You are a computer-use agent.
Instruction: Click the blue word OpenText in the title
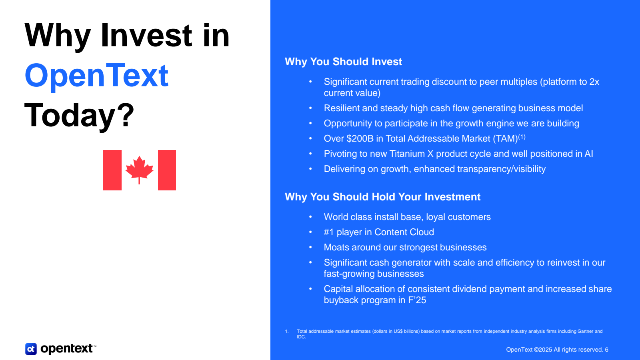[x=96, y=76]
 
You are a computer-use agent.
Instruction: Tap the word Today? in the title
[x=79, y=115]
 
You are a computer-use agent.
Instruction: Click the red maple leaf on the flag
[x=140, y=170]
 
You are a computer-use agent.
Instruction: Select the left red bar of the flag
[x=112, y=170]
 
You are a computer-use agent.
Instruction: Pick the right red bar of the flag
[x=167, y=170]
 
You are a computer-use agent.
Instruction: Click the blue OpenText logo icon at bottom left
[x=31, y=349]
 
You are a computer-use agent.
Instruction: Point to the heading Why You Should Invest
[x=343, y=62]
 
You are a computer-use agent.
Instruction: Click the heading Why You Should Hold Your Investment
[x=382, y=197]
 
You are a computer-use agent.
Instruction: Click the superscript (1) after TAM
[x=522, y=137]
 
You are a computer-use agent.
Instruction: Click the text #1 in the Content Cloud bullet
[x=329, y=232]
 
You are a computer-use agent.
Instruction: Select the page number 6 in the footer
[x=606, y=350]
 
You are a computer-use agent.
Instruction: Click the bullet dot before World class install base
[x=310, y=217]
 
